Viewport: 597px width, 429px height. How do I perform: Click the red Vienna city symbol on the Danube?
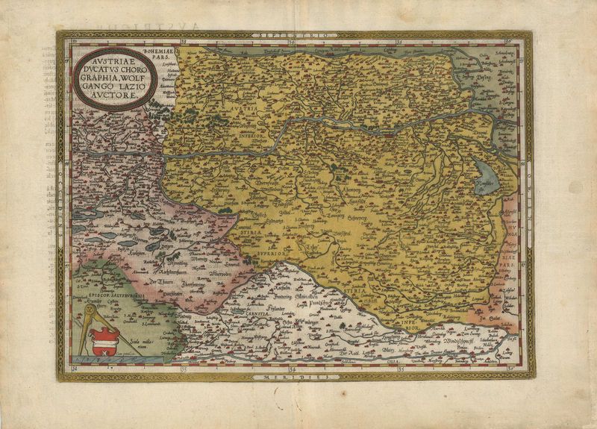point(391,136)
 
